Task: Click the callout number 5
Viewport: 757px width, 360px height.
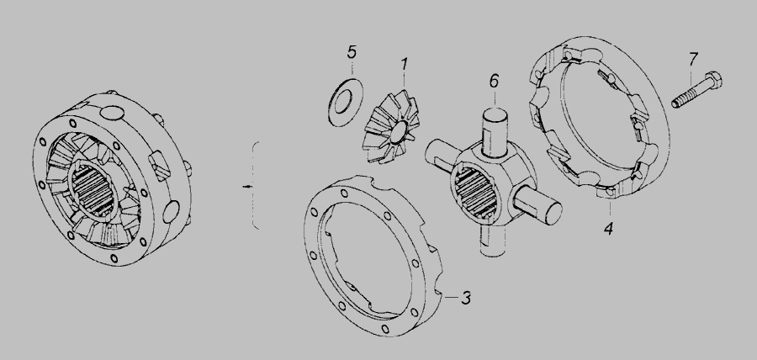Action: (352, 52)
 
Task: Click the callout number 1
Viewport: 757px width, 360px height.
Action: (405, 64)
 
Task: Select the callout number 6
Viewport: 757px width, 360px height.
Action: (494, 81)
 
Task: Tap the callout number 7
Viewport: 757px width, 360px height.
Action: (693, 60)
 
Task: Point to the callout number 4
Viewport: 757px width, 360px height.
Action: (608, 228)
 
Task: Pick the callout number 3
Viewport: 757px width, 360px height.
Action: (466, 299)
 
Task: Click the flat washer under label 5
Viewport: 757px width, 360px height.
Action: (345, 103)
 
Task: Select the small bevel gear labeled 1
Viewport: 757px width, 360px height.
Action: (391, 127)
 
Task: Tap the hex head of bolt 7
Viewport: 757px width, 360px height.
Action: (713, 80)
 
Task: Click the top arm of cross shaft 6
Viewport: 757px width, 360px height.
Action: (495, 132)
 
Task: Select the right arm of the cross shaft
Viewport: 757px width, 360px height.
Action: (537, 206)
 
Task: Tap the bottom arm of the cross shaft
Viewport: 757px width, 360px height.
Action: (492, 241)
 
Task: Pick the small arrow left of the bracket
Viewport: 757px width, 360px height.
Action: (247, 186)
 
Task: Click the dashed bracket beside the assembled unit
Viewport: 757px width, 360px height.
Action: (256, 185)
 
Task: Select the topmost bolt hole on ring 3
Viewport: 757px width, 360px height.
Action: (344, 193)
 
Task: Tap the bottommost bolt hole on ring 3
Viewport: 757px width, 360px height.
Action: (384, 329)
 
